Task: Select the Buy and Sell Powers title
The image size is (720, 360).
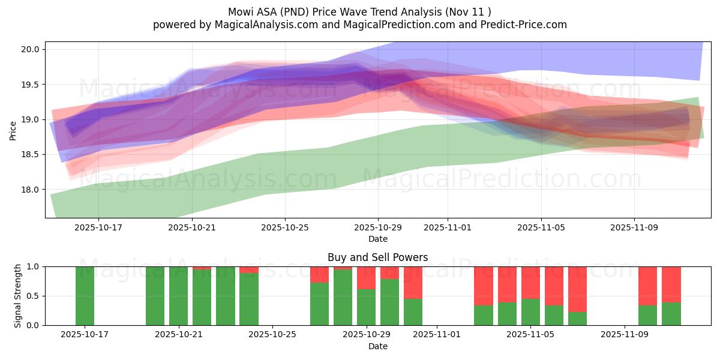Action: coord(377,257)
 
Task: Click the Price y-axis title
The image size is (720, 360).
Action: coord(13,130)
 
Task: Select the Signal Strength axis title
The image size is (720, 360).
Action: coord(18,296)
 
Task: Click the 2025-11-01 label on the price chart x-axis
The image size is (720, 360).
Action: coord(447,228)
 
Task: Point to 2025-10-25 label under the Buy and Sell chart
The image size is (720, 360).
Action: coord(272,335)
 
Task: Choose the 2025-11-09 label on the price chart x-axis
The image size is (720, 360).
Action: coord(634,228)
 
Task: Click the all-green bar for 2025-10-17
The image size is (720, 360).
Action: coord(85,296)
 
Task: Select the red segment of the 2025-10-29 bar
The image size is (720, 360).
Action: coord(366,278)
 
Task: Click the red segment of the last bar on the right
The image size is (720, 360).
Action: coord(671,284)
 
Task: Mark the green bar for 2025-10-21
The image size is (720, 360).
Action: coord(178,296)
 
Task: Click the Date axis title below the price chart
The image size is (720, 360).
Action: coord(377,239)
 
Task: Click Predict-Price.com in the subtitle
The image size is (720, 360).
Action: coord(525,25)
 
